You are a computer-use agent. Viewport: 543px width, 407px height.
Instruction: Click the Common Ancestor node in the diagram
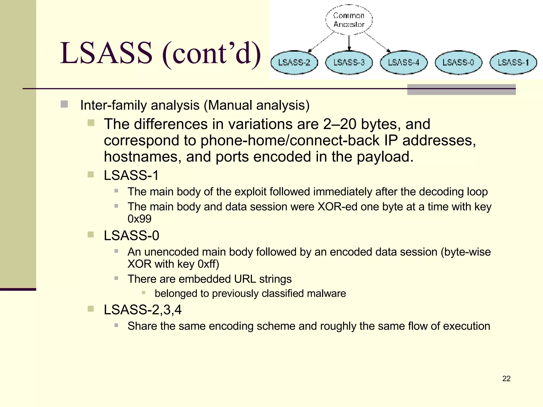point(349,20)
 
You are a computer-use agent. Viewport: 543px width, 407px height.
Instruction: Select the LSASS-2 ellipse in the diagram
point(294,63)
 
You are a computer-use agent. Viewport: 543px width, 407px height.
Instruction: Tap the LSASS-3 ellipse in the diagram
point(349,63)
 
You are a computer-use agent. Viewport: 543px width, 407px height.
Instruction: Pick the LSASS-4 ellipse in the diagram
point(404,63)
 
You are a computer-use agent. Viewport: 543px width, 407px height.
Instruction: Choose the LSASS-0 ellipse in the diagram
point(458,63)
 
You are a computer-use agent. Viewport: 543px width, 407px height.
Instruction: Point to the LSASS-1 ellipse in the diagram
point(513,63)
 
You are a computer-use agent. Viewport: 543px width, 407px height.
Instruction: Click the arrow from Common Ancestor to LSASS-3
point(349,42)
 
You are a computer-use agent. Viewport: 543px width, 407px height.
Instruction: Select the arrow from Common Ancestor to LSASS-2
point(322,42)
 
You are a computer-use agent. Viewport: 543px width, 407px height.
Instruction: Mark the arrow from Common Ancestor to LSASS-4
point(376,42)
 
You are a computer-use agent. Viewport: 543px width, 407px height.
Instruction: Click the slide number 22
point(506,379)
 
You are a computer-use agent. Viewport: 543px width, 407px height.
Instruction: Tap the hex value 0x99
point(139,219)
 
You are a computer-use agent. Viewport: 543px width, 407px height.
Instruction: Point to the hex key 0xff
point(208,264)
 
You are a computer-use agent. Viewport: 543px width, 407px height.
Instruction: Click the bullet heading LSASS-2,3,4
point(143,310)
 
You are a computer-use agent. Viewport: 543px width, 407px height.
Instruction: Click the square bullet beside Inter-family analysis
point(64,104)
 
